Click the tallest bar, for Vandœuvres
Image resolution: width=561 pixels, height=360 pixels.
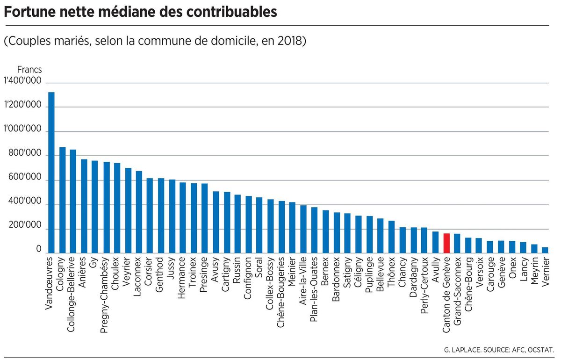tap(51, 173)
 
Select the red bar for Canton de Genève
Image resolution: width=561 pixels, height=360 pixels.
tap(446, 243)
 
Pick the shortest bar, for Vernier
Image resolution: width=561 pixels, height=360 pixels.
tap(545, 250)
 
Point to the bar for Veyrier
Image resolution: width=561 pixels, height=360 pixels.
tap(128, 210)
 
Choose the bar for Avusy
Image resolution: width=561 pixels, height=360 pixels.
tap(216, 222)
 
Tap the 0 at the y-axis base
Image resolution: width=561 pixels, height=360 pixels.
tap(39, 250)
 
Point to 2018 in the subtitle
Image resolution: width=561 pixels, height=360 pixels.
tap(289, 41)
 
